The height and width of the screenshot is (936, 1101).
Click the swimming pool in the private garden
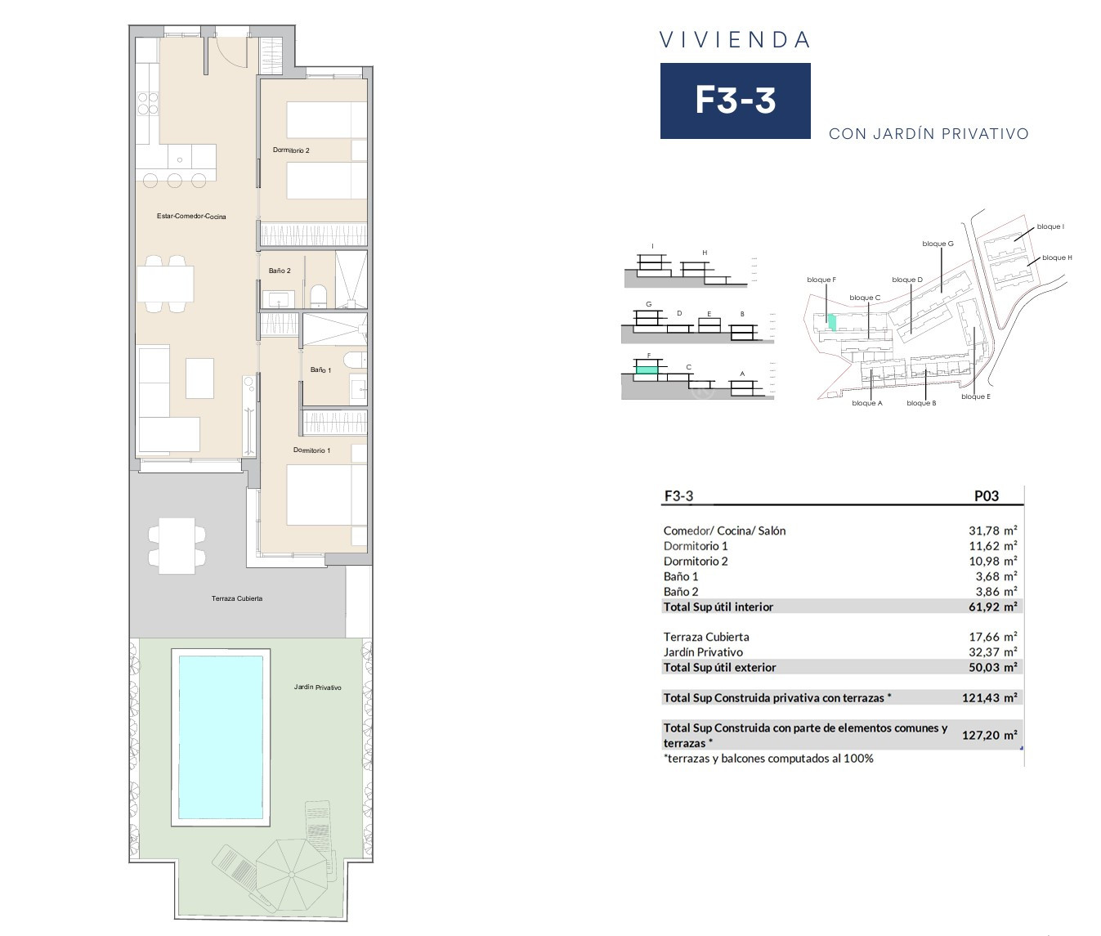point(221,737)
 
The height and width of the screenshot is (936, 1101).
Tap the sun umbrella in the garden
point(291,876)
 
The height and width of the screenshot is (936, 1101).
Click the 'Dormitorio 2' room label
point(291,150)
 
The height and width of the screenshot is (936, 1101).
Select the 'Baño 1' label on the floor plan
point(320,369)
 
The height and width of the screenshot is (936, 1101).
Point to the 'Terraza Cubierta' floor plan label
point(237,598)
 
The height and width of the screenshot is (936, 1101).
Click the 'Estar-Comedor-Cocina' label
point(191,217)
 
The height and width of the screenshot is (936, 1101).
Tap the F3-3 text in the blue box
point(735,101)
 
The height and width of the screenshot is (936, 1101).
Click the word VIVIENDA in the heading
point(735,40)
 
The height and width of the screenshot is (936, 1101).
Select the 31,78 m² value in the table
point(992,531)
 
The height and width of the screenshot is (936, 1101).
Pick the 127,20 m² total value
point(989,735)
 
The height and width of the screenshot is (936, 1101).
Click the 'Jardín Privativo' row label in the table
point(703,652)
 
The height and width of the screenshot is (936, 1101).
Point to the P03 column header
point(986,496)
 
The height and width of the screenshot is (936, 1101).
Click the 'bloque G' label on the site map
point(938,244)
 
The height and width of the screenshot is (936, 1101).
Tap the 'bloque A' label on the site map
point(867,403)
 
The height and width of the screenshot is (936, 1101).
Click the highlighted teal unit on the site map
point(832,322)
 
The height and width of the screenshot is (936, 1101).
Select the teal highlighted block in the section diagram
point(646,369)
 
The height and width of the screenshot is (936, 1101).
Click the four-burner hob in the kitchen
point(148,103)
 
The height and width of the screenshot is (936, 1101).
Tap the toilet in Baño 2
point(319,296)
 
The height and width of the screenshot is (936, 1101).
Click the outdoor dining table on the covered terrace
point(177,545)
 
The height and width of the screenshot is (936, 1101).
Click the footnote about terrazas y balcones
point(768,759)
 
